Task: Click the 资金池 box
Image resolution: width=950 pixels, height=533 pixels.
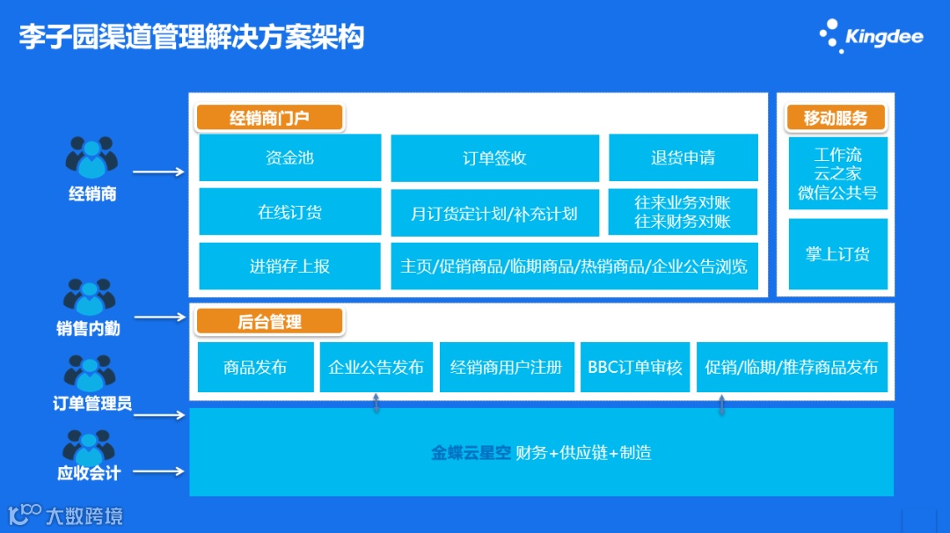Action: [x=289, y=158]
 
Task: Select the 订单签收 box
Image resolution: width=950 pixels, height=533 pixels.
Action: [x=494, y=158]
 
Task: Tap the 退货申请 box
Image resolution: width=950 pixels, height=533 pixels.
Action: [x=683, y=158]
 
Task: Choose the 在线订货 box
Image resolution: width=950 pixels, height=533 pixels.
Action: [x=289, y=212]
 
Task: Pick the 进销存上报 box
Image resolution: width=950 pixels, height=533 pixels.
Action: [x=289, y=266]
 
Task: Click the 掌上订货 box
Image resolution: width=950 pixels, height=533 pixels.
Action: [x=837, y=254]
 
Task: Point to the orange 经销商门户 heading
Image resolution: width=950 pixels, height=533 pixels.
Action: [x=269, y=117]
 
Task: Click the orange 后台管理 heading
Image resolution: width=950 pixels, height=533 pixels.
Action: [x=269, y=322]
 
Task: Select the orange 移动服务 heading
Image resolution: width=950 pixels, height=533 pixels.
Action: [x=835, y=118]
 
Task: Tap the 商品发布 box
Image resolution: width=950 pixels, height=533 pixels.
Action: [x=255, y=368]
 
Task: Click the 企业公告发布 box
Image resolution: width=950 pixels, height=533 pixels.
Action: [x=376, y=368]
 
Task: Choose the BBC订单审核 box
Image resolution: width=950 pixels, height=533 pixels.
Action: [x=635, y=368]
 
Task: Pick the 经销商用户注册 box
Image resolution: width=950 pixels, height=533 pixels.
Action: [x=507, y=368]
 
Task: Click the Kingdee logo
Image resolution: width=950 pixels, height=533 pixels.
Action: [x=872, y=36]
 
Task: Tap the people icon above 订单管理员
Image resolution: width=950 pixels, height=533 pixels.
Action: [x=91, y=374]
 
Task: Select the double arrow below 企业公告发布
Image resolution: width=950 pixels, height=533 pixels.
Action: [x=376, y=403]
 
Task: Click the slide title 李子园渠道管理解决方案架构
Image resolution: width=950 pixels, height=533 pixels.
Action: [x=191, y=38]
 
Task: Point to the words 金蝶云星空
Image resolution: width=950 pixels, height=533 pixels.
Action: [x=471, y=454]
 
